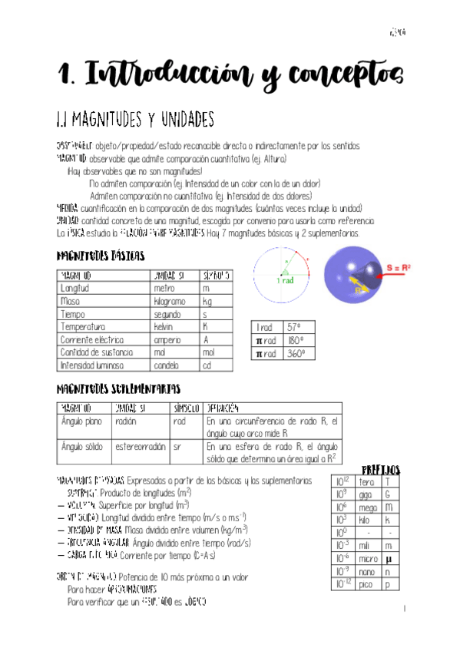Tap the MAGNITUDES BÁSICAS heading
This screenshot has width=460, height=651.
point(101,256)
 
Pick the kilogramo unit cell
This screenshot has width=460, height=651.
point(170,301)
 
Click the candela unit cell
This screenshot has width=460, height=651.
point(167,365)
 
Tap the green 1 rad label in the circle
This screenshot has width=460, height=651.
point(285,282)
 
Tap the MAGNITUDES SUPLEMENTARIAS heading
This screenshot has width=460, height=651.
point(118,388)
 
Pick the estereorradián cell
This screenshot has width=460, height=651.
point(141,445)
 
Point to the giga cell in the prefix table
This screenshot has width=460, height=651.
point(366,494)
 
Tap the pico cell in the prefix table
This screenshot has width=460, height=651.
point(366,584)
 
